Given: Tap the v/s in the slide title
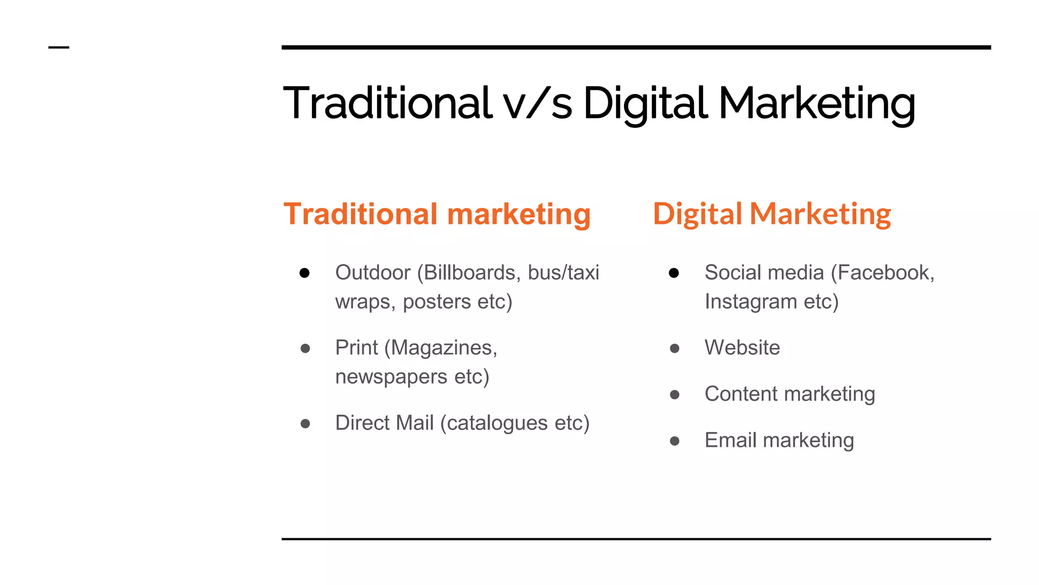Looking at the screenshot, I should pos(538,104).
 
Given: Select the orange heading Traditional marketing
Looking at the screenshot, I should pos(437,214).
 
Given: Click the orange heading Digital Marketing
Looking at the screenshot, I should pos(772,214).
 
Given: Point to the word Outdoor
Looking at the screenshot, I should pos(373,273).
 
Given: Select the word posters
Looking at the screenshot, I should pos(437,302).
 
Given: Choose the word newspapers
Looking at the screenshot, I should pos(391,377).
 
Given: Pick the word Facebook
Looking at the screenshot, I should pos(885,273).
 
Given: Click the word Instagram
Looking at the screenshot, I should pos(751,302).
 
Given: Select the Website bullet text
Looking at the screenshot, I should pos(742,348).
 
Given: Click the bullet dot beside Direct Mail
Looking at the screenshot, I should pos(305,424).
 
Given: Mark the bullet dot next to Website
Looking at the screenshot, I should pos(674,348).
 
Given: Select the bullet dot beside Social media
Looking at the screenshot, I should pos(674,273).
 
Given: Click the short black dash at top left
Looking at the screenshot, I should pos(58,48).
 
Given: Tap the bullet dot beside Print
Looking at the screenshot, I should pos(305,348).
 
